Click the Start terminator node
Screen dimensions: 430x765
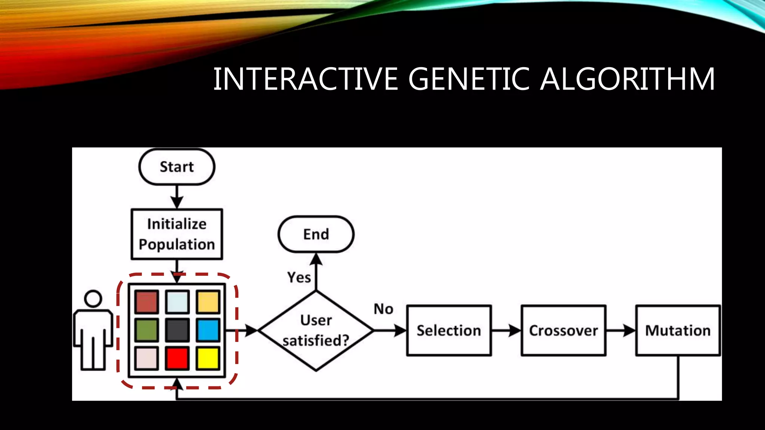click(x=177, y=167)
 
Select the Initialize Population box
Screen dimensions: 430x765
click(x=177, y=234)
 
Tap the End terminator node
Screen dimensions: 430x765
click(x=316, y=234)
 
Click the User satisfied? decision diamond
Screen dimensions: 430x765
click(x=316, y=330)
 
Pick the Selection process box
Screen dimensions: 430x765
click(x=449, y=330)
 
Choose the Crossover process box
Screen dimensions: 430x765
click(x=563, y=330)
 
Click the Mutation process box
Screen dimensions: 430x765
click(x=678, y=330)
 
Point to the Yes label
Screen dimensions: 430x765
click(x=299, y=277)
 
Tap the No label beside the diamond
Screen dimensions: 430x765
click(x=384, y=309)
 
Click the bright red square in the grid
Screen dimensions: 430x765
click(x=177, y=358)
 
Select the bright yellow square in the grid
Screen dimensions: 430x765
click(x=208, y=358)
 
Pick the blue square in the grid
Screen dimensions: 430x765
click(x=208, y=330)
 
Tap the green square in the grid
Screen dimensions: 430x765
click(x=146, y=330)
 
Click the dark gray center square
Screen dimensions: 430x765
click(x=177, y=330)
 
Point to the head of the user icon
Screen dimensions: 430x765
click(x=93, y=299)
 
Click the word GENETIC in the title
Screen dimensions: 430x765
click(x=469, y=79)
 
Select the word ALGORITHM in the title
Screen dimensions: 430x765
click(x=628, y=79)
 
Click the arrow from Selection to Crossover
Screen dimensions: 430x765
click(x=506, y=330)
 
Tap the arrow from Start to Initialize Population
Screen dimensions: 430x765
click(x=177, y=197)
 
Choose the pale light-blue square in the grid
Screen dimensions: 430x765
click(x=177, y=302)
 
